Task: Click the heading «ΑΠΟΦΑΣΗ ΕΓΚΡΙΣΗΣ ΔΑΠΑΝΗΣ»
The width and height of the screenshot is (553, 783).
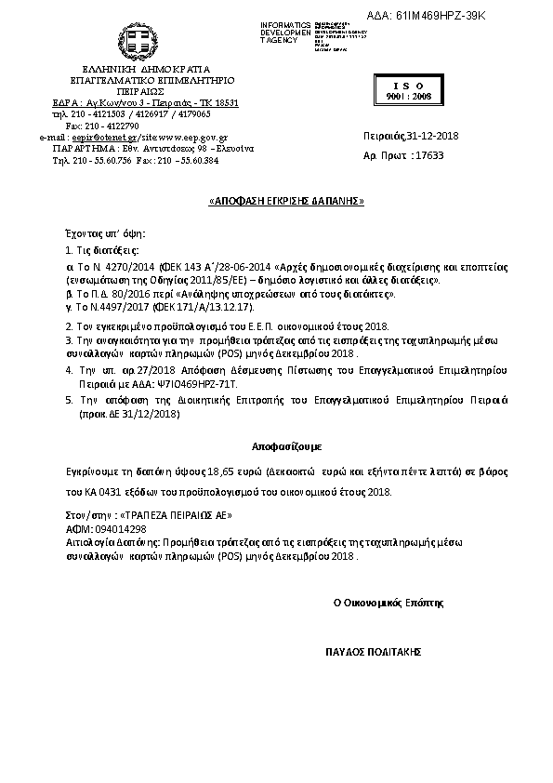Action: [x=284, y=201]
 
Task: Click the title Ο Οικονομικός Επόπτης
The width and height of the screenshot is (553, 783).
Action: [x=389, y=603]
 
